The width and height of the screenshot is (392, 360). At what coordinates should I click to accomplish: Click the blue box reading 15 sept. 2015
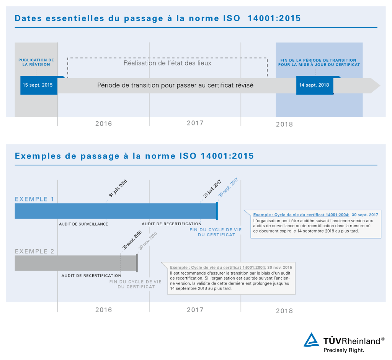coord(38,85)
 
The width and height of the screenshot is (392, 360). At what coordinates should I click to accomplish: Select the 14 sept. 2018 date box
coord(314,85)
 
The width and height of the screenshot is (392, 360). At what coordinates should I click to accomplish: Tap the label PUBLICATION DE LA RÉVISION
coord(36,62)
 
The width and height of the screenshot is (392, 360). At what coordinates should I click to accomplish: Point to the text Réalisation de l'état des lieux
coord(167,63)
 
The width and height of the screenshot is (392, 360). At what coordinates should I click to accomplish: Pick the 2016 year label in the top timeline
coord(104,124)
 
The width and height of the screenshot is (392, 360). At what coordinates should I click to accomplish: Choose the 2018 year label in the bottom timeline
coord(284,311)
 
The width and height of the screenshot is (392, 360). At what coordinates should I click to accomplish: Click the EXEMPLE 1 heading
coord(34,199)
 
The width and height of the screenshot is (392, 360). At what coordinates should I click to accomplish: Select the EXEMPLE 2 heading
coord(34,251)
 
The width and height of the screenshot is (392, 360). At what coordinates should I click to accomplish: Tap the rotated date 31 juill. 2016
coord(118,189)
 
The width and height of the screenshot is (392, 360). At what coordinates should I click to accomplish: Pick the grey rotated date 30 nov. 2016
coord(148,241)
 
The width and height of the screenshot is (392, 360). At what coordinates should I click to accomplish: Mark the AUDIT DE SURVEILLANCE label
coord(83,224)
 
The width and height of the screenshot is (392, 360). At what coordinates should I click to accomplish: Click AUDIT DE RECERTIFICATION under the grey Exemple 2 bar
coord(91,276)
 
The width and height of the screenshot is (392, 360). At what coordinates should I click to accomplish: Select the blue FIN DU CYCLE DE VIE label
coord(216,232)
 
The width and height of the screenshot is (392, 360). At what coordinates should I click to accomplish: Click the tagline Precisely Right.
coord(344,350)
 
